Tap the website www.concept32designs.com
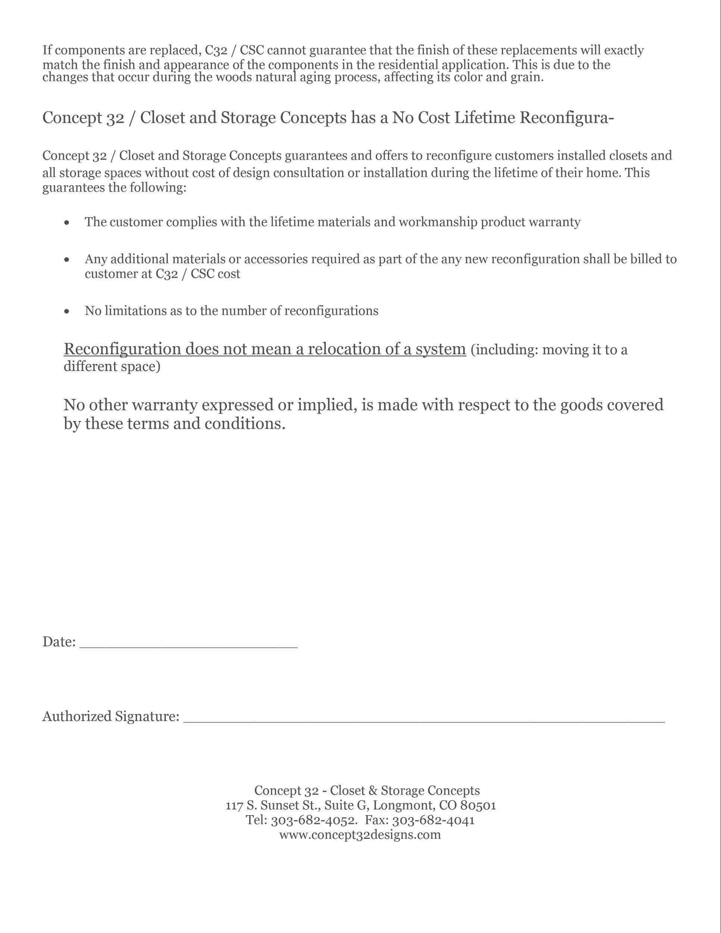(x=360, y=834)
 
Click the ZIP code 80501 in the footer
(x=478, y=805)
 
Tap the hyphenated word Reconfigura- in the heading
(x=566, y=118)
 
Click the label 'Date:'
(x=59, y=642)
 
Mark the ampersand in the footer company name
(x=373, y=791)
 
